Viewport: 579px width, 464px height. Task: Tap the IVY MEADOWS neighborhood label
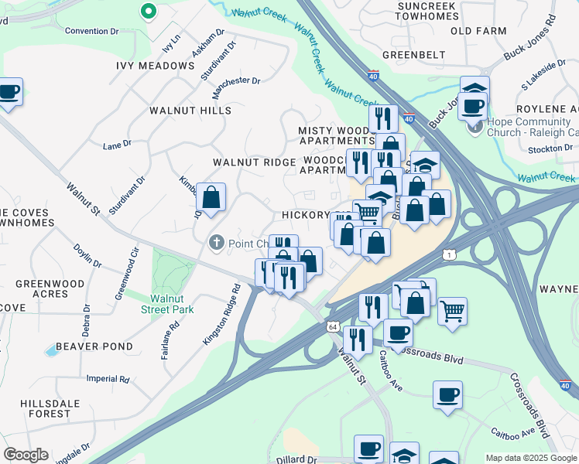coord(155,66)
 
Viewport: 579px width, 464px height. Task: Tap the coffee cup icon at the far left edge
coord(9,93)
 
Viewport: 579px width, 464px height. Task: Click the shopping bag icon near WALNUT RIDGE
coord(211,198)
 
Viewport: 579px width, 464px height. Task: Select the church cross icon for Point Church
coord(218,244)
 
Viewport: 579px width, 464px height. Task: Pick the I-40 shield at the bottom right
coord(565,384)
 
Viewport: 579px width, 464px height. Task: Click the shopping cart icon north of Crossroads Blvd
coord(453,312)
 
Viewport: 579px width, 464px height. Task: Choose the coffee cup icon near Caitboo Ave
coord(447,395)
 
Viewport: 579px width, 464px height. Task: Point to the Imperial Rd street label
coord(108,379)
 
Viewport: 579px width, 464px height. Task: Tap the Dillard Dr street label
coord(297,459)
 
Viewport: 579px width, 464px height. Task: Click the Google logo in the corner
coord(26,455)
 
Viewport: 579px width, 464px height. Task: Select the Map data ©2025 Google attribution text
coord(531,458)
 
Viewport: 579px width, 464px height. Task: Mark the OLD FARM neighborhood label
coord(472,31)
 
